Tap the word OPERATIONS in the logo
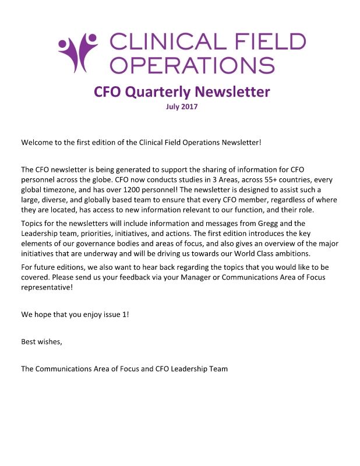192,64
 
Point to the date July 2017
182,106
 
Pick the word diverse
55,200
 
